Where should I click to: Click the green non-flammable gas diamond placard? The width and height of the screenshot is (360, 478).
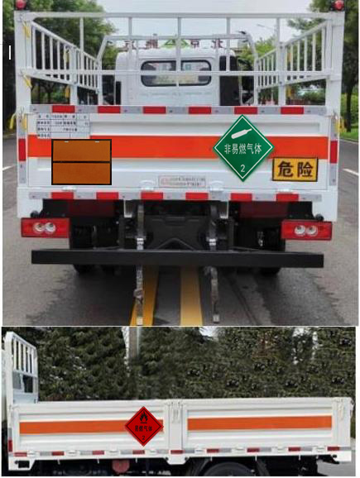[243, 148]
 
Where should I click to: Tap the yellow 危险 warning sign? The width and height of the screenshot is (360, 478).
[295, 169]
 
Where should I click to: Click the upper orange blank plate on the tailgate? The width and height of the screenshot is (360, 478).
[81, 151]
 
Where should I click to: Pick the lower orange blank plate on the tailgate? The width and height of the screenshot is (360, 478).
[81, 172]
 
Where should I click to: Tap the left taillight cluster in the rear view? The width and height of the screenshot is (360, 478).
[45, 227]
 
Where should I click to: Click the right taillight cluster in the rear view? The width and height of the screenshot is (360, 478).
[305, 229]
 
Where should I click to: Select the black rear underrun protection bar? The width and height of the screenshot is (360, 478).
[177, 258]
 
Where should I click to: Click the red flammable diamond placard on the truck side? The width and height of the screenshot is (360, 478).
[144, 425]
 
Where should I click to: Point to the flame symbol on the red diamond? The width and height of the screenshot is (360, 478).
[144, 418]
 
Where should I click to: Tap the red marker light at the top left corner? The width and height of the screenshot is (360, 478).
[22, 4]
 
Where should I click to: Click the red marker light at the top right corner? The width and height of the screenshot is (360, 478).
[338, 5]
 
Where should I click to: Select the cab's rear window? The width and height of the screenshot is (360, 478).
[175, 73]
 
